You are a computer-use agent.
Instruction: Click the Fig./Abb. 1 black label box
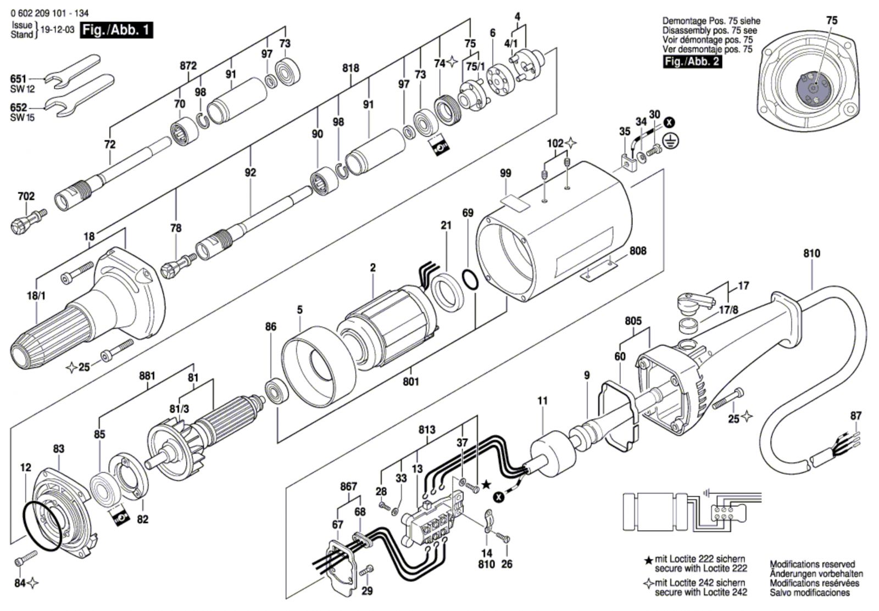(x=116, y=30)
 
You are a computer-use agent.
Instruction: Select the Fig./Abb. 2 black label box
(x=692, y=61)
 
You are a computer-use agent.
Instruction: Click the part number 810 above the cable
(x=811, y=253)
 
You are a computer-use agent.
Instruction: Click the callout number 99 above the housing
(x=506, y=173)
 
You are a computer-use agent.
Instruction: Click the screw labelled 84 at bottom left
(x=25, y=558)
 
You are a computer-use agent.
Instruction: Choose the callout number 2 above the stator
(x=372, y=267)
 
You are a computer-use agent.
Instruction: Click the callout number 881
(x=147, y=376)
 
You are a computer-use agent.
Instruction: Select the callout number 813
(x=426, y=430)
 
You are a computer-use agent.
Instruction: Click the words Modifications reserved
(x=812, y=564)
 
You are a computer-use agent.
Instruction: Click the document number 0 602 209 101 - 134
(x=50, y=13)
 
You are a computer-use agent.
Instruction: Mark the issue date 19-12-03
(x=57, y=30)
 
